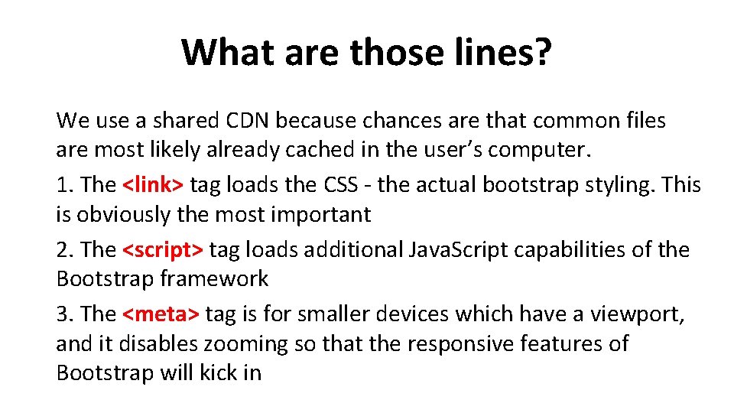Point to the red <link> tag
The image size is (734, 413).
point(153,185)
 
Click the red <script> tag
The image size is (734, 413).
point(163,250)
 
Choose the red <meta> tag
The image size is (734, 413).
point(161,314)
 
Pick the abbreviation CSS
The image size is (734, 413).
point(346,185)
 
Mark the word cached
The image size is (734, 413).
point(319,150)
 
